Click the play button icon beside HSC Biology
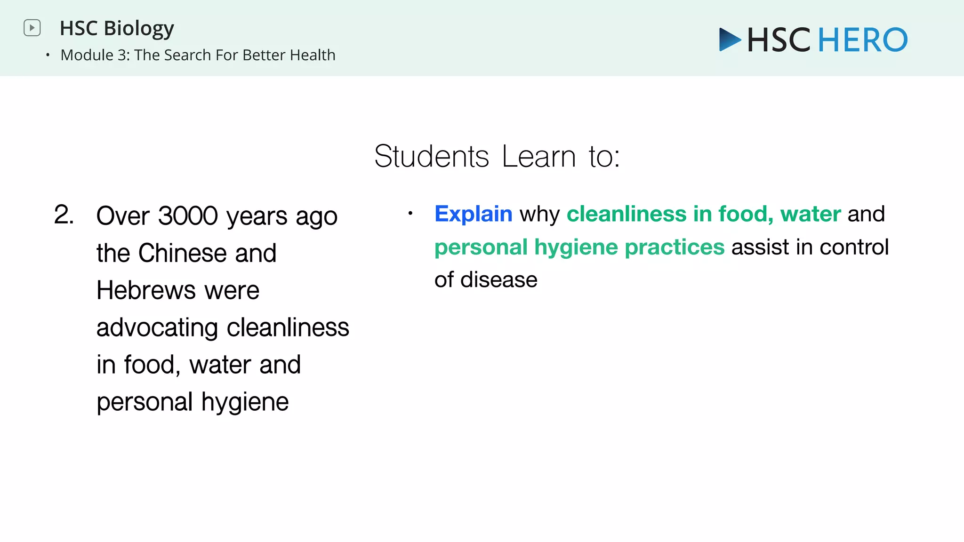[x=32, y=28]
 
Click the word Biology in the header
[x=139, y=29]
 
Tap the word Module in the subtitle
[x=87, y=55]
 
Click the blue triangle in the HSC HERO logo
[x=729, y=40]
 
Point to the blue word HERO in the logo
[x=863, y=40]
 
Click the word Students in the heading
[x=432, y=156]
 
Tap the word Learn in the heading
[x=538, y=156]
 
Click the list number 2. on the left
[x=64, y=215]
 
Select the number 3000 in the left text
[x=188, y=216]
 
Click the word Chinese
[x=183, y=253]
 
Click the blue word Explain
[x=473, y=214]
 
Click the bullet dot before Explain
[x=410, y=214]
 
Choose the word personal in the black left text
[x=145, y=402]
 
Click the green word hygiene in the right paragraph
[x=576, y=247]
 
